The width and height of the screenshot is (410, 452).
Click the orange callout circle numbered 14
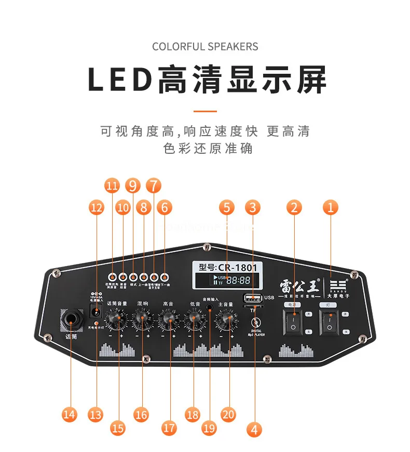point(69,414)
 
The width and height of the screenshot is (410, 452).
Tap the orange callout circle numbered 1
point(330,207)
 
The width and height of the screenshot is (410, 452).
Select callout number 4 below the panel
point(253,429)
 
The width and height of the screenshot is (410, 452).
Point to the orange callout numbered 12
point(97,208)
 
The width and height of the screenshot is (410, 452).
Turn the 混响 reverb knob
point(142,319)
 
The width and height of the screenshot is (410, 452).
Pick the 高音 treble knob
point(168,319)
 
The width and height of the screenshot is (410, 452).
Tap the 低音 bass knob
point(194,319)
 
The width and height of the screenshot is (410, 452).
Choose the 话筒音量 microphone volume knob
point(116,319)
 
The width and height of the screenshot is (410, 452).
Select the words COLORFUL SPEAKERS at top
point(205,47)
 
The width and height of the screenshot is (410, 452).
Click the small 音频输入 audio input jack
point(210,307)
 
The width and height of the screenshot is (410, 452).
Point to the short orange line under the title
point(205,111)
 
